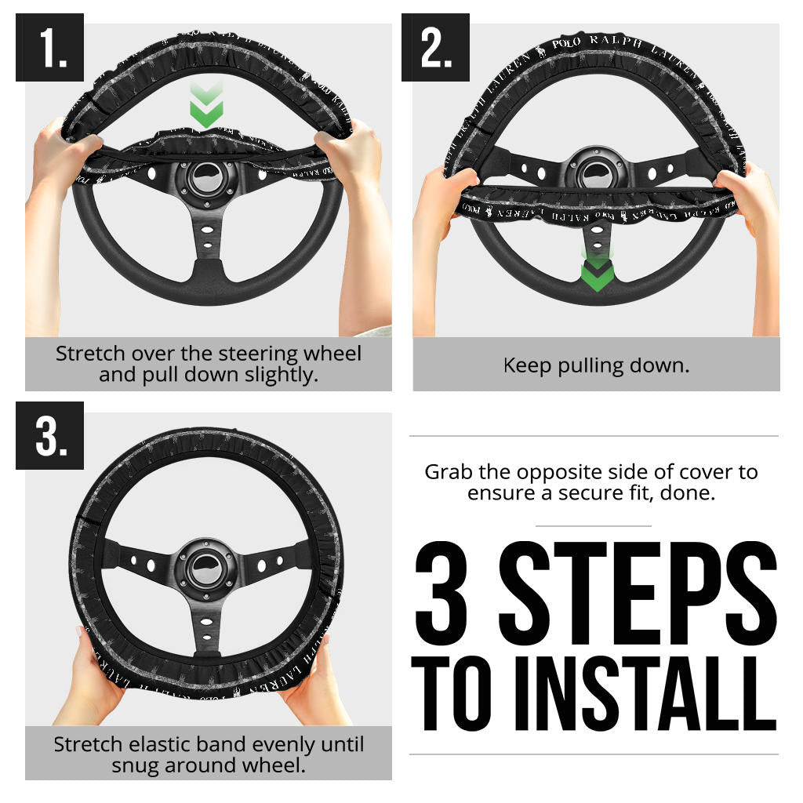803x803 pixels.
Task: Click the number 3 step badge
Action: (x=49, y=435)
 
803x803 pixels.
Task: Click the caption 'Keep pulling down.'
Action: (x=596, y=365)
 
